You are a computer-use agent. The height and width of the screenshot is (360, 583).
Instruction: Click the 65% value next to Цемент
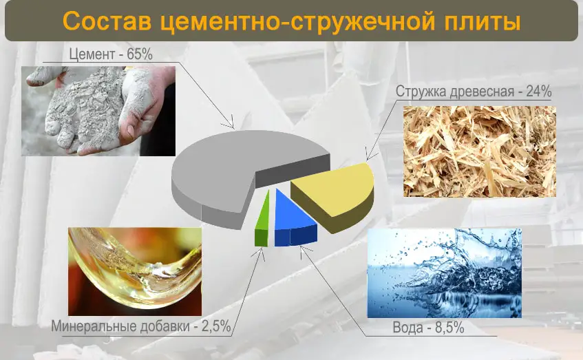(140, 54)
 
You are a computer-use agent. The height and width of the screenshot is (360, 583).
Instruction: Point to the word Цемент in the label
(92, 54)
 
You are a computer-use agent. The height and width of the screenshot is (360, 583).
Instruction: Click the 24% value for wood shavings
(539, 91)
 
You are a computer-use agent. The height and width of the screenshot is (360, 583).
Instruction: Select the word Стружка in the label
(421, 92)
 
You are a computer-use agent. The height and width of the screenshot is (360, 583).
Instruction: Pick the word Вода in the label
(408, 328)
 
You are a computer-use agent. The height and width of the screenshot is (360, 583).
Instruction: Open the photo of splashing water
(445, 273)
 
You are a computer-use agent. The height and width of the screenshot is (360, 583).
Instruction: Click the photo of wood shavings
(480, 151)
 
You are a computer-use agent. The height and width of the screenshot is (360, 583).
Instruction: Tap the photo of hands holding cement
(98, 111)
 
